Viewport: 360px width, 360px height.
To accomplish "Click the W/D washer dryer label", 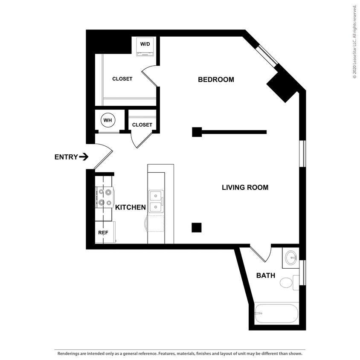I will point(145,44).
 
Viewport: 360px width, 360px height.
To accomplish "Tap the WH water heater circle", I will point(107,121).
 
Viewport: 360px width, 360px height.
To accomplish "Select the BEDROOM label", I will point(216,80).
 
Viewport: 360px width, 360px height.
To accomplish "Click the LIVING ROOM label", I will point(245,187).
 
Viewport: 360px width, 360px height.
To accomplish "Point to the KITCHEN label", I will point(131,207).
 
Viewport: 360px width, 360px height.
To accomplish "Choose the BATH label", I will point(265,276).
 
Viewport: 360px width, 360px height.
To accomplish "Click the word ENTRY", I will point(66,157).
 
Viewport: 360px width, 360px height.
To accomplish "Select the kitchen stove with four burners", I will point(105,197).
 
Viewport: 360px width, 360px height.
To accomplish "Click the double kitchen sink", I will point(156,202).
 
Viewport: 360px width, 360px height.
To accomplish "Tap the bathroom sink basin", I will point(292,257).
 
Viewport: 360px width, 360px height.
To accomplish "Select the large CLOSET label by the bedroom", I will point(122,79).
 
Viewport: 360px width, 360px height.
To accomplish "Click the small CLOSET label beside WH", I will point(142,125).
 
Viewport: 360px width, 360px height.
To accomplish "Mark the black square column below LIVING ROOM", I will point(196,228).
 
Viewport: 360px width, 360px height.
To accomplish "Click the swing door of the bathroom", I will point(261,254).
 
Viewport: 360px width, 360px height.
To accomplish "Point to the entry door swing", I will point(103,156).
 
